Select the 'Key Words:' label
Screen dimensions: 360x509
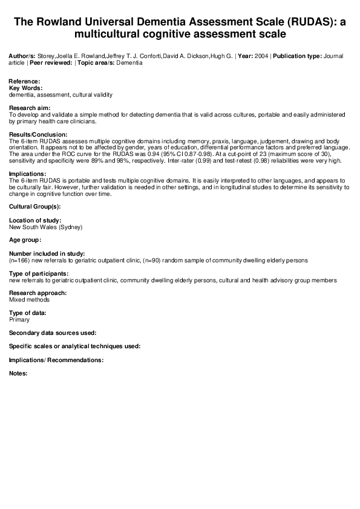point(25,88)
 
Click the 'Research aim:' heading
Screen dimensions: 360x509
point(28,107)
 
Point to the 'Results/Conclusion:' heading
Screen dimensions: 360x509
point(38,134)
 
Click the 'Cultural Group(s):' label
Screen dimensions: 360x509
point(34,207)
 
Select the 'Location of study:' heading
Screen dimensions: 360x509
point(35,221)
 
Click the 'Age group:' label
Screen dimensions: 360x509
point(25,240)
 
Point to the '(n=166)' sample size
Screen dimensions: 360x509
point(20,260)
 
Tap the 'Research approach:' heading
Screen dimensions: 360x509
point(38,293)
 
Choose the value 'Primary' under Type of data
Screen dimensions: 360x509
point(19,320)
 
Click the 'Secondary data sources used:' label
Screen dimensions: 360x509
point(53,332)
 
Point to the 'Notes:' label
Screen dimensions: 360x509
point(19,373)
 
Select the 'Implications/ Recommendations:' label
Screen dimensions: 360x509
point(56,360)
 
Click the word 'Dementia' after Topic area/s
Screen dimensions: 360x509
point(130,63)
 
